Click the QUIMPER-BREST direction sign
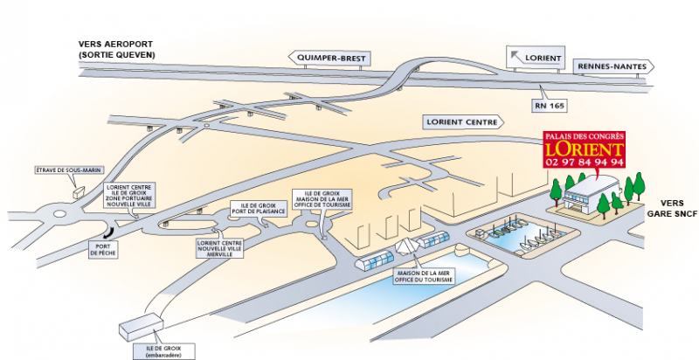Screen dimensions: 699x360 tap(329, 58)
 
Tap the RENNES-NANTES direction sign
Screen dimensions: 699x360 tap(613, 66)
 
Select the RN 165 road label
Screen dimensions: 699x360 tap(549, 106)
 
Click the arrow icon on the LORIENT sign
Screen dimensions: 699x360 tap(516, 56)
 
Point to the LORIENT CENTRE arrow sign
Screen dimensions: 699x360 tap(463, 121)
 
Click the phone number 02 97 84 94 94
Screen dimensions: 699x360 tap(584, 163)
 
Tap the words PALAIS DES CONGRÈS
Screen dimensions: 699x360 tap(584, 136)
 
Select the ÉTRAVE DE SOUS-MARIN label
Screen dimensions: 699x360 tap(70, 170)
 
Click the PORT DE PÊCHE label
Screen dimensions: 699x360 tap(102, 250)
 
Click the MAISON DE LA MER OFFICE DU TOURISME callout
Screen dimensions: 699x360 tap(423, 276)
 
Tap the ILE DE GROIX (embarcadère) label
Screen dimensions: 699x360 tap(164, 351)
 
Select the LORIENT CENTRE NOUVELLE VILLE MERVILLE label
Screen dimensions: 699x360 tap(220, 249)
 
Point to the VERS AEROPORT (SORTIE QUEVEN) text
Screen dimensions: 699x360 tap(116, 50)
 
